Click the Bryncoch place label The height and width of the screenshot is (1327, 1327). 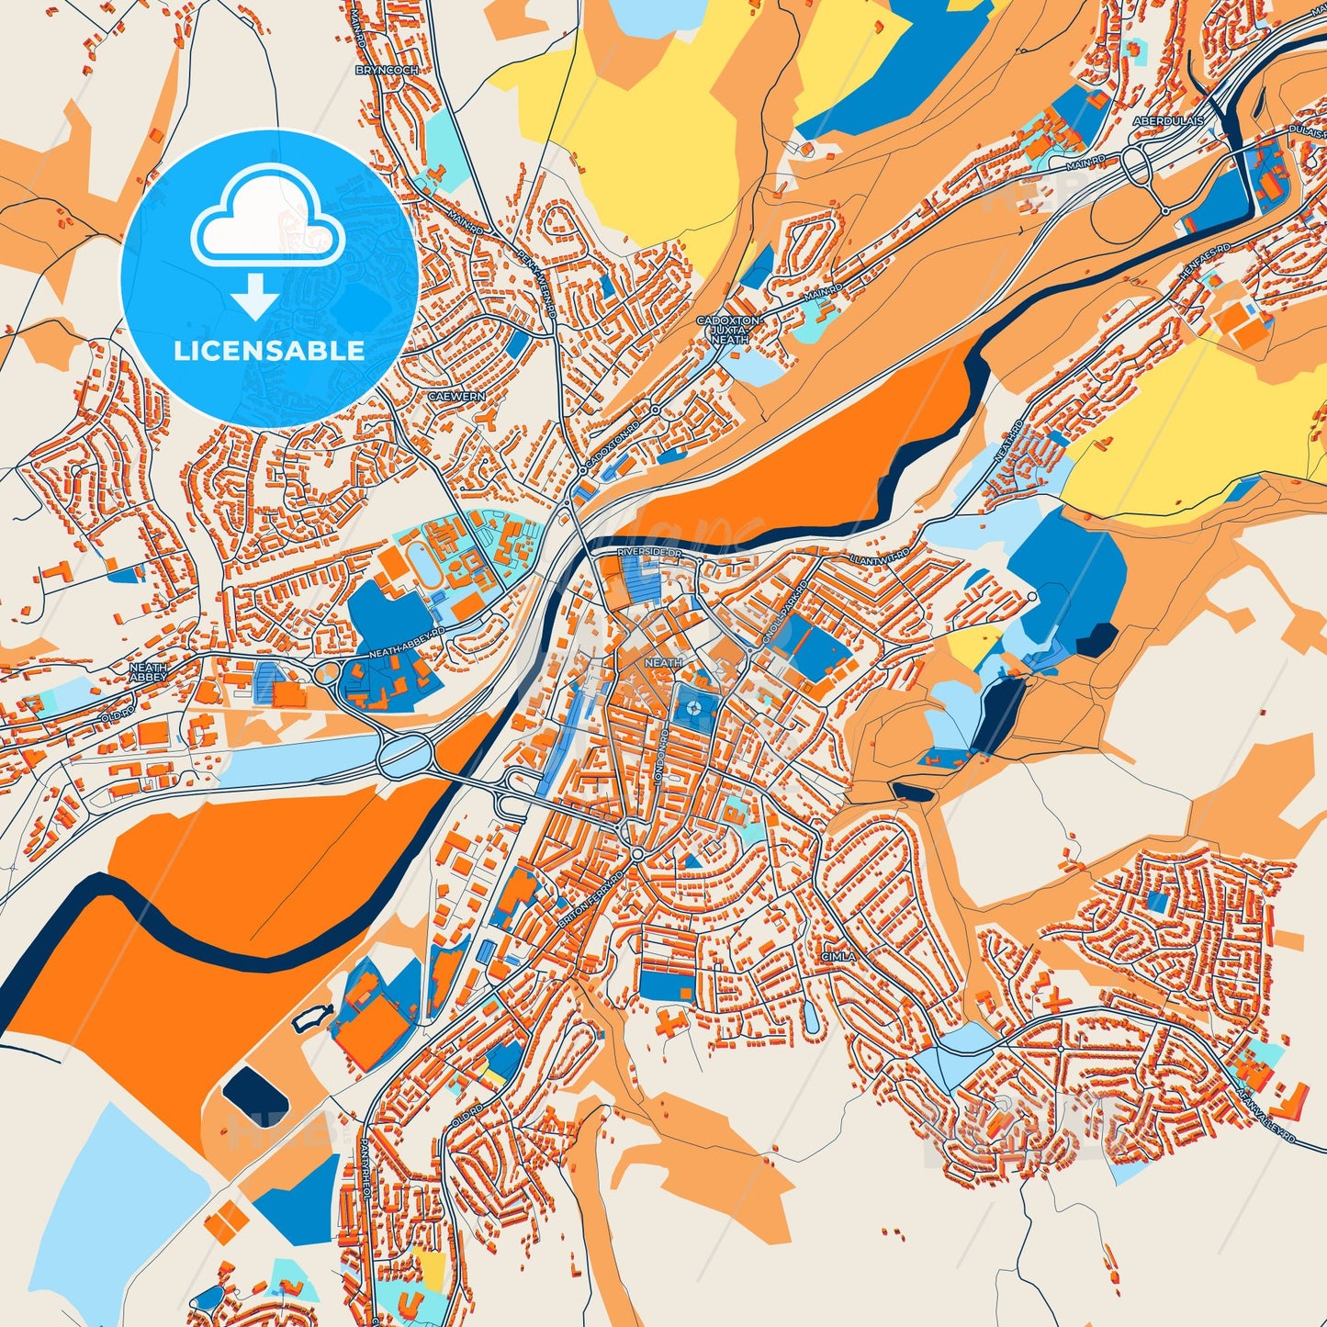coord(388,70)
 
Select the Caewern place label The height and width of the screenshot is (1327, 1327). coord(455,397)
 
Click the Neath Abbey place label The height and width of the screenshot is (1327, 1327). coord(148,672)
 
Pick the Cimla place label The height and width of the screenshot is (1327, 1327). coord(838,956)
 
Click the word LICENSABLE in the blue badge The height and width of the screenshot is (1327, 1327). coord(270,350)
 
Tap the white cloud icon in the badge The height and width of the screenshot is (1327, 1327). coord(267,225)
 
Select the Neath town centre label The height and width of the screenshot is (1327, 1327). coord(663,662)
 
